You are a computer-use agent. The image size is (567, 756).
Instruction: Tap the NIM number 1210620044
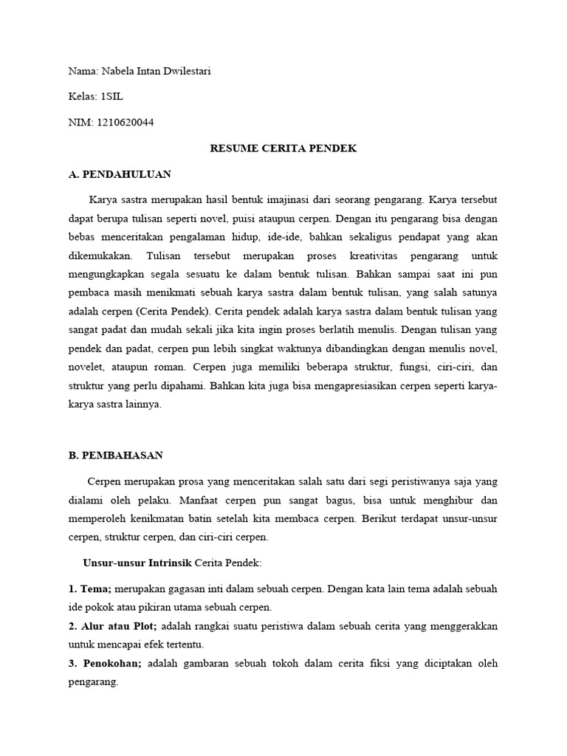pos(125,123)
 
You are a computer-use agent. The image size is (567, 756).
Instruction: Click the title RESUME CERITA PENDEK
pos(283,148)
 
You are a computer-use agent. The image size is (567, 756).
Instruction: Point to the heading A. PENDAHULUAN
pos(120,174)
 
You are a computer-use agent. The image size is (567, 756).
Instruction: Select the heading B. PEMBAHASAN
pos(116,456)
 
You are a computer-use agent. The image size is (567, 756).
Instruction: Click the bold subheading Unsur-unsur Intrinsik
pos(138,563)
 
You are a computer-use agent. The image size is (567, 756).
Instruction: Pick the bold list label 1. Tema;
pos(90,589)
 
